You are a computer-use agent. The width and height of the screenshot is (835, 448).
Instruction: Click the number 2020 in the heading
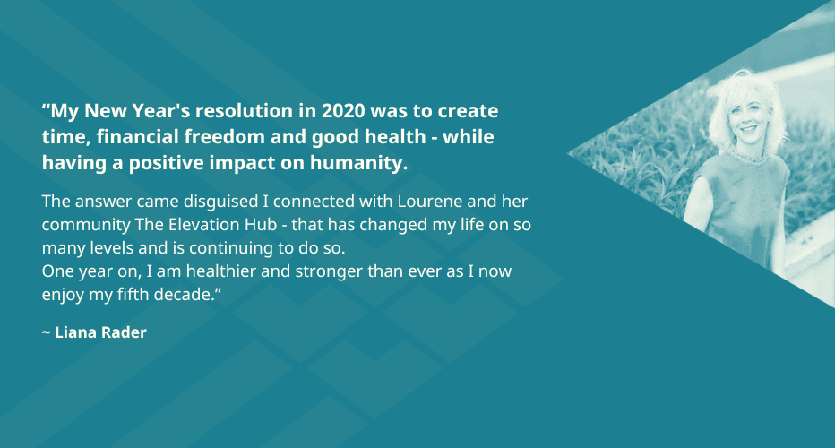[343, 111]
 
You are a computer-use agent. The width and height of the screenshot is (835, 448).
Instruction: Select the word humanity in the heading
[359, 163]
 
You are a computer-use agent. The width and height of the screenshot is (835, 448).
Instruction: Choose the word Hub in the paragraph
[261, 225]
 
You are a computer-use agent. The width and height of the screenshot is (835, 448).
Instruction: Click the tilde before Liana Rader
[46, 333]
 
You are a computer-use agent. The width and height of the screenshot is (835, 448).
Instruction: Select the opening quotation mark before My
[46, 106]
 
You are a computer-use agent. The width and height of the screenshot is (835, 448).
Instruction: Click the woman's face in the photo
[748, 119]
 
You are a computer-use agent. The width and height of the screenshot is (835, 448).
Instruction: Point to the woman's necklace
[749, 156]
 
